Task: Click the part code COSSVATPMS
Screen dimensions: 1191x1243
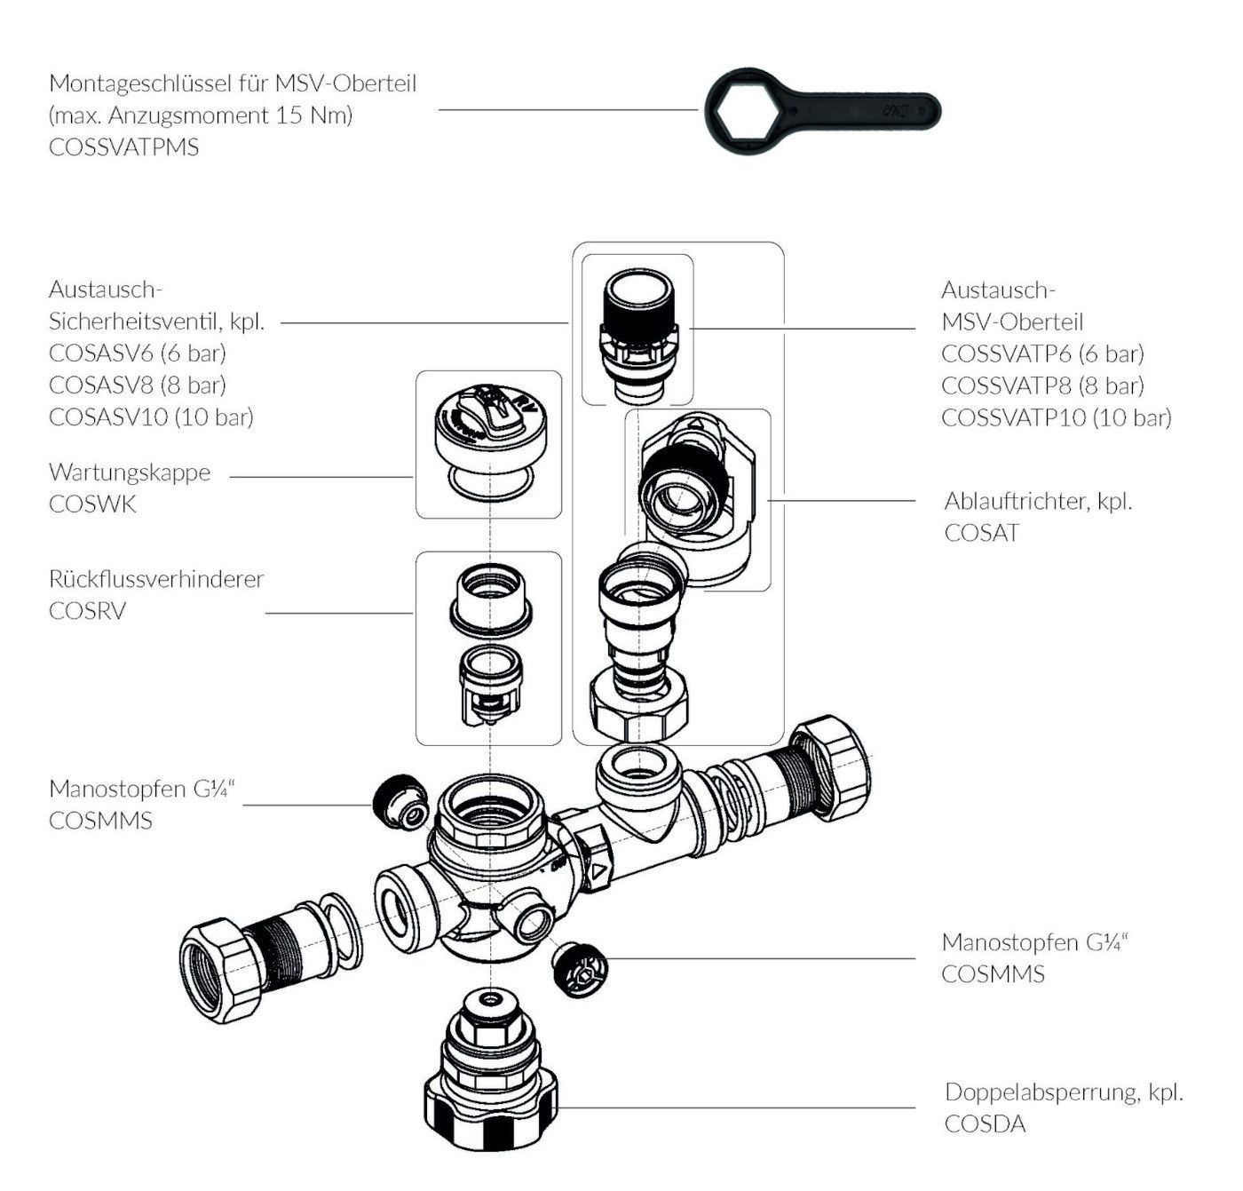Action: [123, 147]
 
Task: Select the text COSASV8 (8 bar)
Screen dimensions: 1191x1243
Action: [138, 385]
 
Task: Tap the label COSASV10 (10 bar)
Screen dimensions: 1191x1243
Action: [151, 417]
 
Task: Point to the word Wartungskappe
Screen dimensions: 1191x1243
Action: [130, 472]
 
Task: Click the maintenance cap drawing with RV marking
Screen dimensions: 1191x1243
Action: [488, 426]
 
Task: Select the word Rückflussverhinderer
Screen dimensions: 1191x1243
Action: [156, 579]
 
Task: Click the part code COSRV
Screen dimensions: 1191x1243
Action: [87, 611]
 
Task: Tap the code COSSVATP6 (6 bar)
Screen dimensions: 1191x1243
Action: [1042, 353]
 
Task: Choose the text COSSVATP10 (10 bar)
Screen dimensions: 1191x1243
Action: [1056, 417]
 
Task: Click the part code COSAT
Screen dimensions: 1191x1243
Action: [981, 533]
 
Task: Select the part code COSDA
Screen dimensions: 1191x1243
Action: [985, 1124]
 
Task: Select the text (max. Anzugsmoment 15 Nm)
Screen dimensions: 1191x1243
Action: [201, 115]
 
